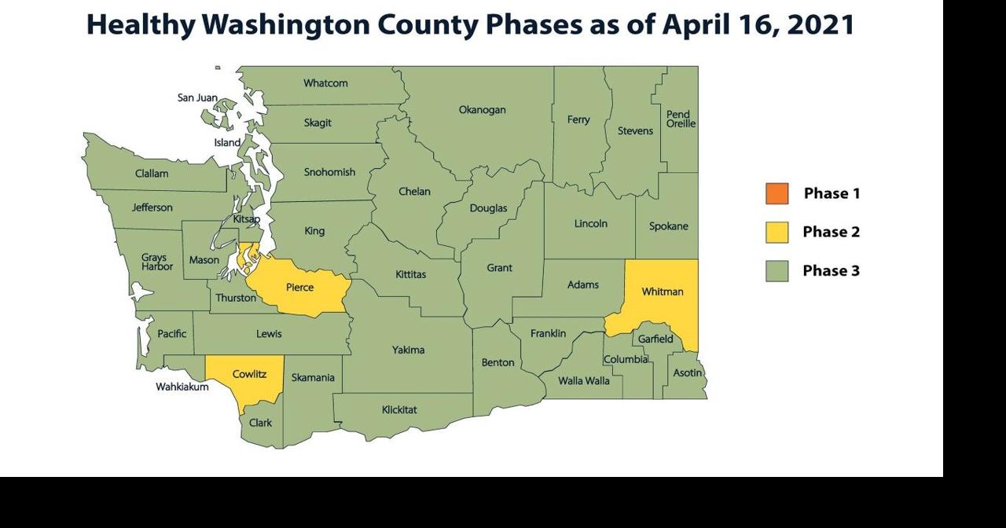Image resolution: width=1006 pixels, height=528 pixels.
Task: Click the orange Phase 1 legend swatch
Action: tap(777, 193)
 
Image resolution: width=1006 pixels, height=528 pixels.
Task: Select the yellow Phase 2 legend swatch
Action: tap(777, 232)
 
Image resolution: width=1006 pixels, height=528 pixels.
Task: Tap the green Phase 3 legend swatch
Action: tap(777, 271)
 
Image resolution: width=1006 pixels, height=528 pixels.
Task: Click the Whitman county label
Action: tap(663, 291)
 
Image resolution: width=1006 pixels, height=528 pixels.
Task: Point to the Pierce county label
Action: tap(299, 288)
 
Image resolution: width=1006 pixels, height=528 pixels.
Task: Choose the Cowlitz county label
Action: tap(249, 374)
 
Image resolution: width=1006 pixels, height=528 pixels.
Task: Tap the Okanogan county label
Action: tap(482, 110)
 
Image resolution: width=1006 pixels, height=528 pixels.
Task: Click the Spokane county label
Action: tap(668, 226)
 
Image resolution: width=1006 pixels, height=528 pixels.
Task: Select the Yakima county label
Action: tap(408, 350)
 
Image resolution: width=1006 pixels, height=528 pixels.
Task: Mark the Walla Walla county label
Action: tap(583, 380)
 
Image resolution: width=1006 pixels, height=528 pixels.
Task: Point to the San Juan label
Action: tap(197, 97)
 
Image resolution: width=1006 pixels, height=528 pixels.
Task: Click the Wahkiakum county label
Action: tap(182, 387)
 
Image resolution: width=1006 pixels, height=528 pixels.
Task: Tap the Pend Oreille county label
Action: tap(680, 119)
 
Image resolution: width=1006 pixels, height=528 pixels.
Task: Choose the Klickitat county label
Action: tap(399, 409)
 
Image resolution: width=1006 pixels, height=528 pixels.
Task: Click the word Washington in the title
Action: tap(287, 24)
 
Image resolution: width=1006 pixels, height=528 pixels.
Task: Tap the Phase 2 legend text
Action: tap(831, 232)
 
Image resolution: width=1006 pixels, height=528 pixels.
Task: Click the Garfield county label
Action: tap(655, 339)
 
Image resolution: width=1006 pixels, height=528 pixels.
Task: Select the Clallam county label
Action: tap(152, 174)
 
